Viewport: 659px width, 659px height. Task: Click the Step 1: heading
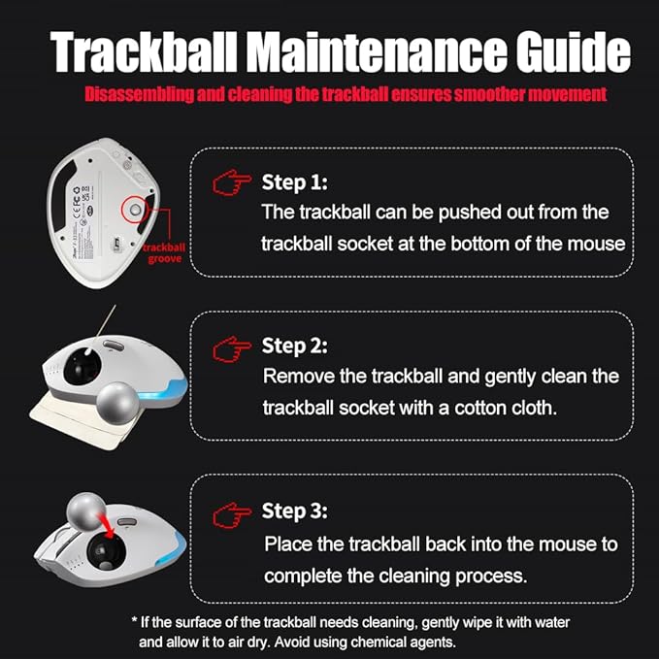click(x=295, y=182)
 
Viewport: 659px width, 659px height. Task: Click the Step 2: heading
click(x=295, y=346)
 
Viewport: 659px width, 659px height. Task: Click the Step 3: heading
click(x=295, y=511)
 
